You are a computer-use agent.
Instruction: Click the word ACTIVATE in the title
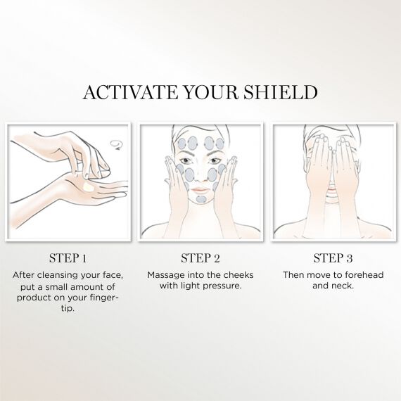coord(130,92)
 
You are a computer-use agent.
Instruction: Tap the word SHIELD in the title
coord(280,92)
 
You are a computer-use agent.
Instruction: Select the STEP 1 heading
coord(68,257)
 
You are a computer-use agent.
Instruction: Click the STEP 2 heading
coord(200,257)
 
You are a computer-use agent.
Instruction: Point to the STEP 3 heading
coord(333,257)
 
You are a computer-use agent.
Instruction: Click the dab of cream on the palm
coord(88,187)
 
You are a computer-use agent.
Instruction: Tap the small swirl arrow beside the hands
coord(117,145)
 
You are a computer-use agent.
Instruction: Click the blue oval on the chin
coord(201,199)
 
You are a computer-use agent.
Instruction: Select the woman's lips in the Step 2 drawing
coord(200,190)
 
